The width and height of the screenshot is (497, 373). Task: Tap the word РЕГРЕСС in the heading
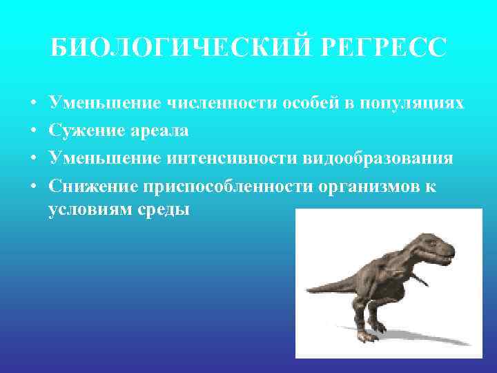click(391, 48)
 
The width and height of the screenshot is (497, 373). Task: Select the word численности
click(222, 104)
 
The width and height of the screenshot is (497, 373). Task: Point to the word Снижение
click(92, 186)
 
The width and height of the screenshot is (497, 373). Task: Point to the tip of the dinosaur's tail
click(308, 291)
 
